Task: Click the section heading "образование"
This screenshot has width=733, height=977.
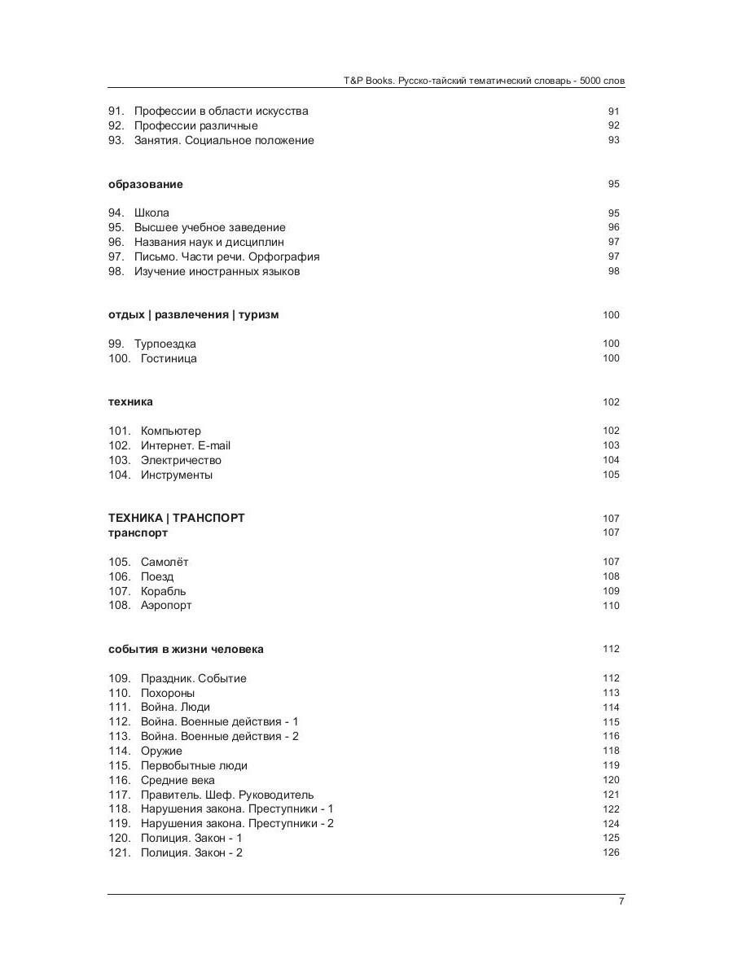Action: pos(146,184)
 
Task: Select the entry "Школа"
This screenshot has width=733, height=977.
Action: pos(151,213)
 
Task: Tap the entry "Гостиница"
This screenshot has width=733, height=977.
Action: pos(169,358)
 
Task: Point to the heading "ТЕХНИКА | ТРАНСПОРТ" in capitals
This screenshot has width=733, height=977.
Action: pos(176,518)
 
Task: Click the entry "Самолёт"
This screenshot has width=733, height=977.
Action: pos(165,562)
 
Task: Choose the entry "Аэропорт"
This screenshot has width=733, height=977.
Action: pos(166,606)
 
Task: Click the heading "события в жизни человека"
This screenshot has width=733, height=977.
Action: pos(186,649)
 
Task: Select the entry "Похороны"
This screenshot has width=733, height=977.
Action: pos(168,693)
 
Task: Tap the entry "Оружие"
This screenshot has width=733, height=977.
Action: pos(161,751)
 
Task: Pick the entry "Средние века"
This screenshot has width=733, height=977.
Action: pos(178,780)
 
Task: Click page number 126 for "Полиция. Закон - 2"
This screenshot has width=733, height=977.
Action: pos(611,852)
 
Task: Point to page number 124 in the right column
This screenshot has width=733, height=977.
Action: pos(611,823)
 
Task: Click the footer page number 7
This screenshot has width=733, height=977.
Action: pos(621,900)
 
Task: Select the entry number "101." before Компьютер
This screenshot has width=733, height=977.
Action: pos(120,431)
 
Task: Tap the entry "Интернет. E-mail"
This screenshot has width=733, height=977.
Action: pos(186,445)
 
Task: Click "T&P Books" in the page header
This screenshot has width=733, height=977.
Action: pos(363,81)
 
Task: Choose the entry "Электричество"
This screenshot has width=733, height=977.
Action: pos(181,460)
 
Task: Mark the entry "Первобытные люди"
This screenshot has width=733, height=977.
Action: pos(194,765)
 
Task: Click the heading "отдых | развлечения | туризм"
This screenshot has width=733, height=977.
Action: pos(193,315)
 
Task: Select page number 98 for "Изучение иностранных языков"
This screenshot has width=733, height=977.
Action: pos(613,271)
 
